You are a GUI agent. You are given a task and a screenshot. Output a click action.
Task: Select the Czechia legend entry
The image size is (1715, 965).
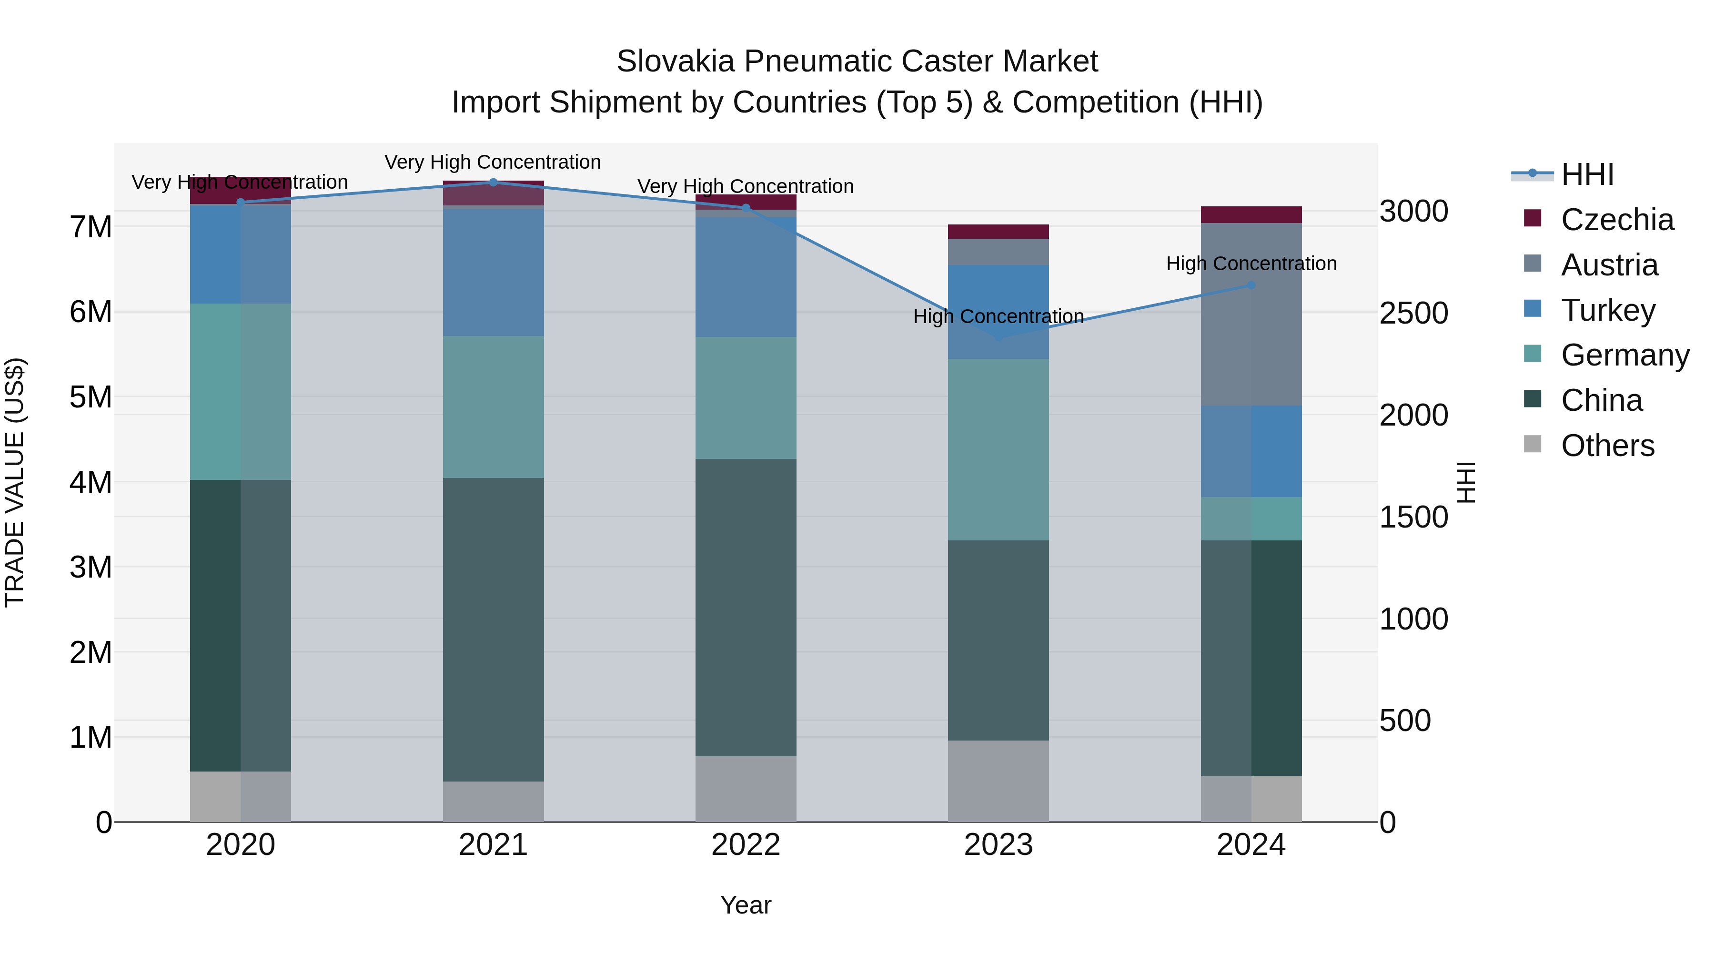click(x=1616, y=220)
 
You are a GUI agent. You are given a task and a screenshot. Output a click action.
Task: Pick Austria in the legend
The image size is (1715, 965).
click(x=1609, y=265)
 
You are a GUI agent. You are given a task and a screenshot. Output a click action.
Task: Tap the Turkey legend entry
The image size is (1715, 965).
click(x=1608, y=310)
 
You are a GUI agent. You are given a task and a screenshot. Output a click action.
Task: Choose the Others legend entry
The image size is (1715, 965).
click(x=1607, y=446)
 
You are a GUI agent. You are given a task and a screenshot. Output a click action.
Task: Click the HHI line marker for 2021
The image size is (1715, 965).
click(x=494, y=183)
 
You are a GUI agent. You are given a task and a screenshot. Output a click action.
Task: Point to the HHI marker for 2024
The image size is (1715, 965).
click(x=1251, y=285)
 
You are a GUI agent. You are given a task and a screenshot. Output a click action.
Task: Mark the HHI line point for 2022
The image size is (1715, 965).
click(x=746, y=208)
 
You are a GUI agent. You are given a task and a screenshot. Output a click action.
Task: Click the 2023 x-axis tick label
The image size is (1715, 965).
click(x=998, y=845)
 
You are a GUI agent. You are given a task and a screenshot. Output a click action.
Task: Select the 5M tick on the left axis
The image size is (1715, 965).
click(x=91, y=397)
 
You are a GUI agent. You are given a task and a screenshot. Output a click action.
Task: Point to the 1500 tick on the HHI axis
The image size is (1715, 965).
click(x=1413, y=518)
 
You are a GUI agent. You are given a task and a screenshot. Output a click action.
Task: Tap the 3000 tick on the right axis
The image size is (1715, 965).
click(x=1413, y=212)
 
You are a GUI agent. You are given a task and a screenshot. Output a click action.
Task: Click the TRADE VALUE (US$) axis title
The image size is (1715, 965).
click(x=15, y=482)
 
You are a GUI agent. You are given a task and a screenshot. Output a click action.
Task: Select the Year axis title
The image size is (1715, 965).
click(x=746, y=905)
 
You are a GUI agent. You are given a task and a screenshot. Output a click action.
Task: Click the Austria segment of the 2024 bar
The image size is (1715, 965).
click(x=1251, y=315)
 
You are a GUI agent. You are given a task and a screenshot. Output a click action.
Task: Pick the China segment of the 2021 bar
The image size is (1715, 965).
click(x=494, y=630)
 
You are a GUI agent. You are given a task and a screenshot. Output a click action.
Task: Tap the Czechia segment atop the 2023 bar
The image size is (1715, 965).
click(x=998, y=232)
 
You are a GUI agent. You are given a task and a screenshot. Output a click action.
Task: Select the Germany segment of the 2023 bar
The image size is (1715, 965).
click(x=998, y=449)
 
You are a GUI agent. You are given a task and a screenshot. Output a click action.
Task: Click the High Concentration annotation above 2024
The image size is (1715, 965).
click(x=1251, y=264)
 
